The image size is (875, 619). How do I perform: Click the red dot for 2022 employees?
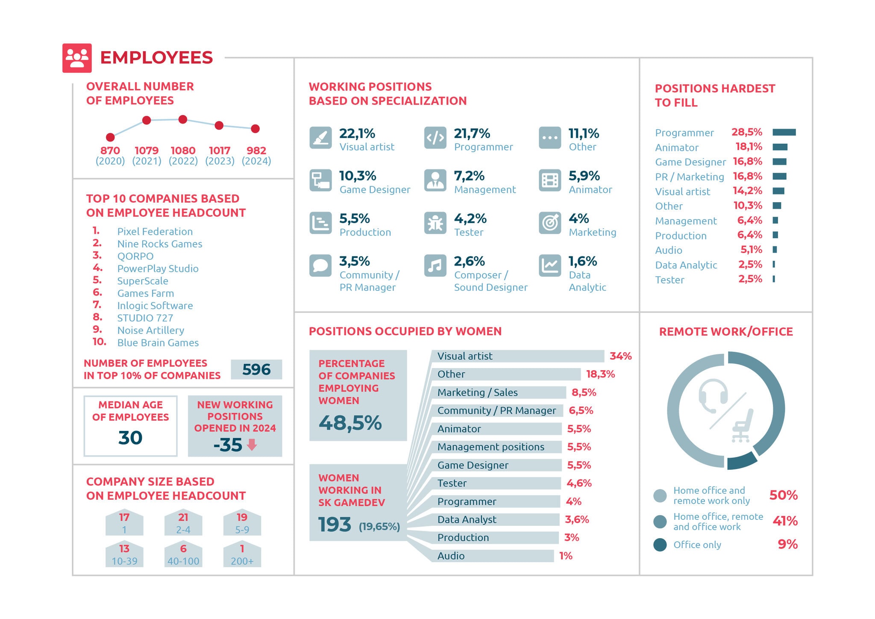click(x=183, y=119)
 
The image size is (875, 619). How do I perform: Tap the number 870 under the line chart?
click(x=110, y=150)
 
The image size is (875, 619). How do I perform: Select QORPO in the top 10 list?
click(x=135, y=256)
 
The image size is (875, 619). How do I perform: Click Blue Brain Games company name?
click(x=158, y=343)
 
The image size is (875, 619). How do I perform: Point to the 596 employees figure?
click(x=256, y=369)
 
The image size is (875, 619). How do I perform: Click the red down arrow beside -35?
click(x=252, y=445)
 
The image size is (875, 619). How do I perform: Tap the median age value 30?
click(x=130, y=438)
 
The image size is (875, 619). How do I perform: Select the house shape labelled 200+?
click(x=242, y=554)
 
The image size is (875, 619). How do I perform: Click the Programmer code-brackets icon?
click(x=435, y=138)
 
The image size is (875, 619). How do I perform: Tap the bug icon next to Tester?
click(x=435, y=223)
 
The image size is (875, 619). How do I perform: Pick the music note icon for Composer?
click(x=435, y=265)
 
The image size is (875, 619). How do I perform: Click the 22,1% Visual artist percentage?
click(x=357, y=133)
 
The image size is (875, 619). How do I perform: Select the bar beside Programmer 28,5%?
click(x=784, y=133)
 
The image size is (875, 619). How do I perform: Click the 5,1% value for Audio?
click(x=751, y=250)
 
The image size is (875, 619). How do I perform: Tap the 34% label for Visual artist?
click(x=620, y=356)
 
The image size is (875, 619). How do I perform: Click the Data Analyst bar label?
click(x=467, y=519)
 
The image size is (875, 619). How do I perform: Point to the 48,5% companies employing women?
click(x=350, y=423)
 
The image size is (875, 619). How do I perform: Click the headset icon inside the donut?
click(x=713, y=396)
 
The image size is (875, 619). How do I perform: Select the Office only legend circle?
click(x=660, y=545)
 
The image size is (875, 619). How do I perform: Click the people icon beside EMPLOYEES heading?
click(x=77, y=58)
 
